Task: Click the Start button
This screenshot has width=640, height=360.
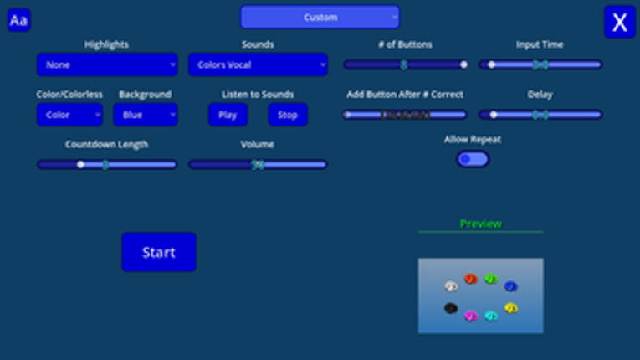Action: pos(159,252)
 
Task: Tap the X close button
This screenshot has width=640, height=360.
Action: pos(620,22)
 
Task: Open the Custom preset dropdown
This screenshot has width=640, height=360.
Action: pos(320,17)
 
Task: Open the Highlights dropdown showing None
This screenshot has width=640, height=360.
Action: pos(107,64)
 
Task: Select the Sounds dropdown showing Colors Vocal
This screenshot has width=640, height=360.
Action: pos(258,64)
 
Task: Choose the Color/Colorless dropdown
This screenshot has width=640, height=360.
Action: pos(69,115)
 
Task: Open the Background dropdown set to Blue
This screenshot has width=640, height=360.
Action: pos(146,115)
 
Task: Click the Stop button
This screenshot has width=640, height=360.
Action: pos(288,115)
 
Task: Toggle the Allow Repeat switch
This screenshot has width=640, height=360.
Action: pos(473,159)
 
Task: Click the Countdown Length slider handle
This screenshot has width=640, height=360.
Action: pos(81,165)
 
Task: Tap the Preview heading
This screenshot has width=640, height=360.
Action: pos(480,224)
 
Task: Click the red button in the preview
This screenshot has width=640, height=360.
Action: pos(470,279)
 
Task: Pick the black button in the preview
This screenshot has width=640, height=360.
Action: pos(451,308)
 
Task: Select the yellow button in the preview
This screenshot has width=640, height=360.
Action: pos(510,308)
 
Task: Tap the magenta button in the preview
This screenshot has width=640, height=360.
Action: pos(470,316)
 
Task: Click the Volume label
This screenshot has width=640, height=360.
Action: pos(258,144)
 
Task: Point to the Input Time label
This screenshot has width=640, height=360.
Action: pos(540,44)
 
